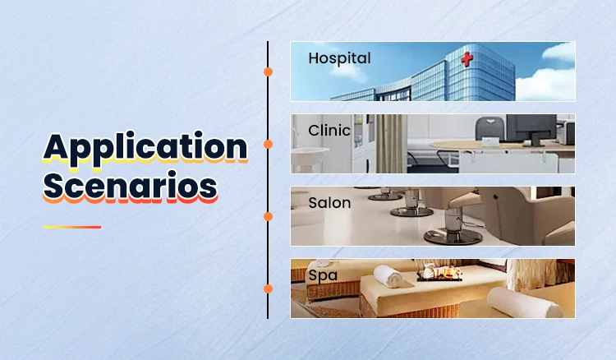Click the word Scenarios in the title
pyautogui.click(x=130, y=186)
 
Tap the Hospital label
pyautogui.click(x=339, y=58)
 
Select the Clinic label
pyautogui.click(x=329, y=131)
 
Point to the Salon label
pyautogui.click(x=329, y=203)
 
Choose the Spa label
pyautogui.click(x=323, y=275)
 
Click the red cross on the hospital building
pyautogui.click(x=467, y=60)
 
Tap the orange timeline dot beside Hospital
pyautogui.click(x=268, y=72)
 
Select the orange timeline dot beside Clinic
pyautogui.click(x=268, y=144)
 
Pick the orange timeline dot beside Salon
pyautogui.click(x=268, y=216)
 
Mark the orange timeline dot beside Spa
pyautogui.click(x=268, y=288)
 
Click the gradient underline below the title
pyautogui.click(x=72, y=227)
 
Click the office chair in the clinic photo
pyautogui.click(x=490, y=128)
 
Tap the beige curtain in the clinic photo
pyautogui.click(x=388, y=144)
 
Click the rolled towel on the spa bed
pyautogui.click(x=388, y=276)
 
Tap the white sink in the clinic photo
pyautogui.click(x=310, y=152)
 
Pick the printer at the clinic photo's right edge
pyautogui.click(x=566, y=132)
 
